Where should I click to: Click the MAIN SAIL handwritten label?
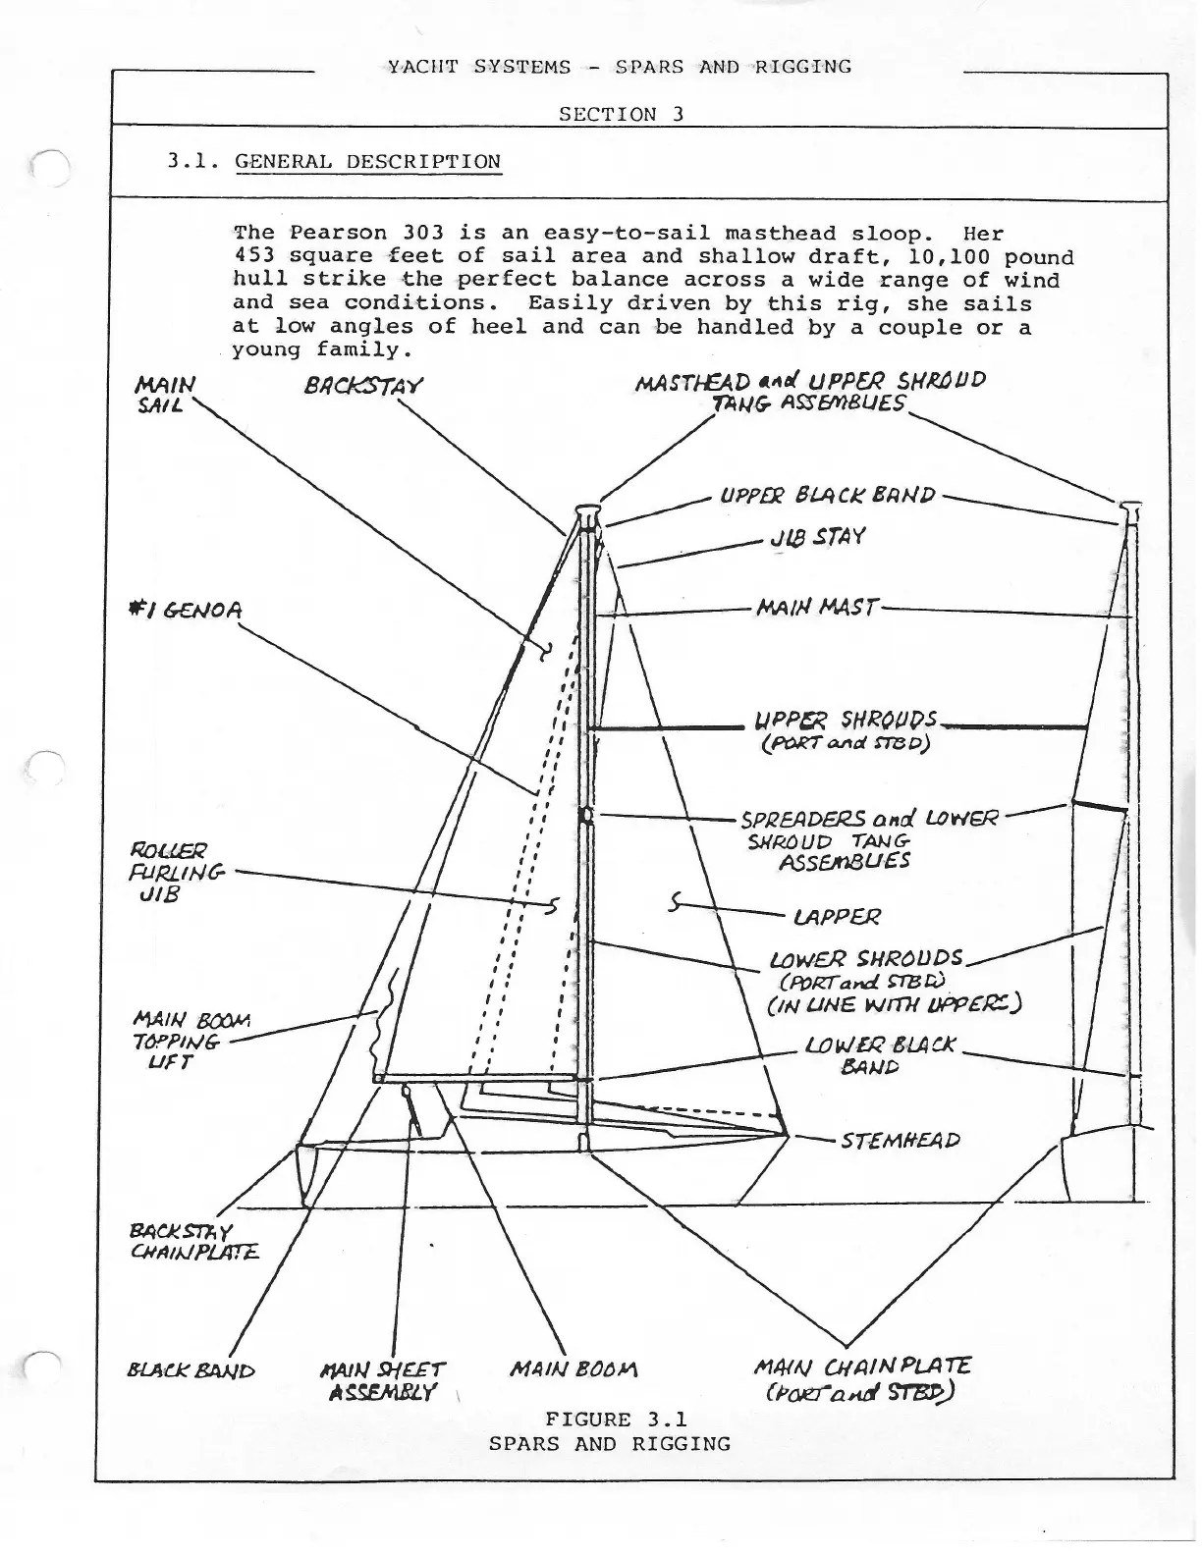click(164, 393)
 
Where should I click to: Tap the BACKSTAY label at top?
click(363, 386)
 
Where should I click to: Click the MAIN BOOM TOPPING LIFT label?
click(191, 1041)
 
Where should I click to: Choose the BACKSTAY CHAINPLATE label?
click(193, 1241)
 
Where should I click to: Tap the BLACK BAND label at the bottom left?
click(191, 1370)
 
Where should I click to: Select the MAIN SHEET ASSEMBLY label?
click(383, 1380)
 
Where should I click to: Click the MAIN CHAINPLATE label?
click(861, 1378)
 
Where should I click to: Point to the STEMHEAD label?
click(901, 1141)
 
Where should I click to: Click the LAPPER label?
click(837, 917)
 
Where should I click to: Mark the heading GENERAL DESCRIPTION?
click(367, 162)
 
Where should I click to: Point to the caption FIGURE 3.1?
click(616, 1419)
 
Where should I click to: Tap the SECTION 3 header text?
click(621, 114)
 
